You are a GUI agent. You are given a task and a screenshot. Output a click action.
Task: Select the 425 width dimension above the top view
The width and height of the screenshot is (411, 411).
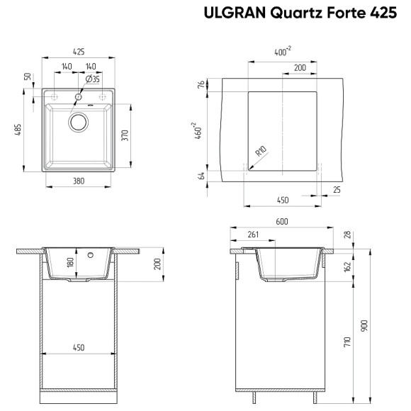[x=79, y=52]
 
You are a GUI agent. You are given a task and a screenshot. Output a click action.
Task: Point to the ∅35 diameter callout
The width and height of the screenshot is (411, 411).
[x=93, y=79]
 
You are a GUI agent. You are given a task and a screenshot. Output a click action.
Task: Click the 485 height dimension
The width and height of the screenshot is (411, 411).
[x=27, y=132]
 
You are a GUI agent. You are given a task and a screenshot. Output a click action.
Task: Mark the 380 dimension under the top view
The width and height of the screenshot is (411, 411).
[x=79, y=181]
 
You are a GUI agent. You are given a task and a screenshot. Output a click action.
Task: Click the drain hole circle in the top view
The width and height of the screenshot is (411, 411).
[x=78, y=122]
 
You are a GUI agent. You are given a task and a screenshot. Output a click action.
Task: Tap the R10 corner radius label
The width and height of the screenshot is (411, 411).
[x=260, y=151]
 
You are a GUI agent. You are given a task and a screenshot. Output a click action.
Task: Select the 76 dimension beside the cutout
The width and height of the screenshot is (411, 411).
[x=201, y=84]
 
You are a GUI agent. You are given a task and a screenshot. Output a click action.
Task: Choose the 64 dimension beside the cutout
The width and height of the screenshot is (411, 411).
[x=201, y=175]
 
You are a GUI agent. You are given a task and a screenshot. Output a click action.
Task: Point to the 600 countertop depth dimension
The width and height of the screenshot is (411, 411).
[x=282, y=223]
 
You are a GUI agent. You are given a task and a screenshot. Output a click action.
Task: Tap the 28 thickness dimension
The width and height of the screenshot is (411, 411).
[x=347, y=235]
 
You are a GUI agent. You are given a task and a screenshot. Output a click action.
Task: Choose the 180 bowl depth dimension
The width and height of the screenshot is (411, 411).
[x=69, y=262]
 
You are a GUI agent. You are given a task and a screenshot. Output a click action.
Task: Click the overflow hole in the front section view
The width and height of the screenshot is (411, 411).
[x=89, y=254]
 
